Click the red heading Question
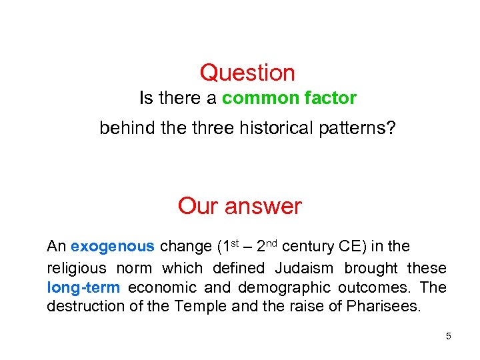(247, 73)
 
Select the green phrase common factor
(289, 99)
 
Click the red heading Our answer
(239, 206)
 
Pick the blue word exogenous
(112, 247)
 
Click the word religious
(77, 268)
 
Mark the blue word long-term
(83, 287)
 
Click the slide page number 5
(449, 336)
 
